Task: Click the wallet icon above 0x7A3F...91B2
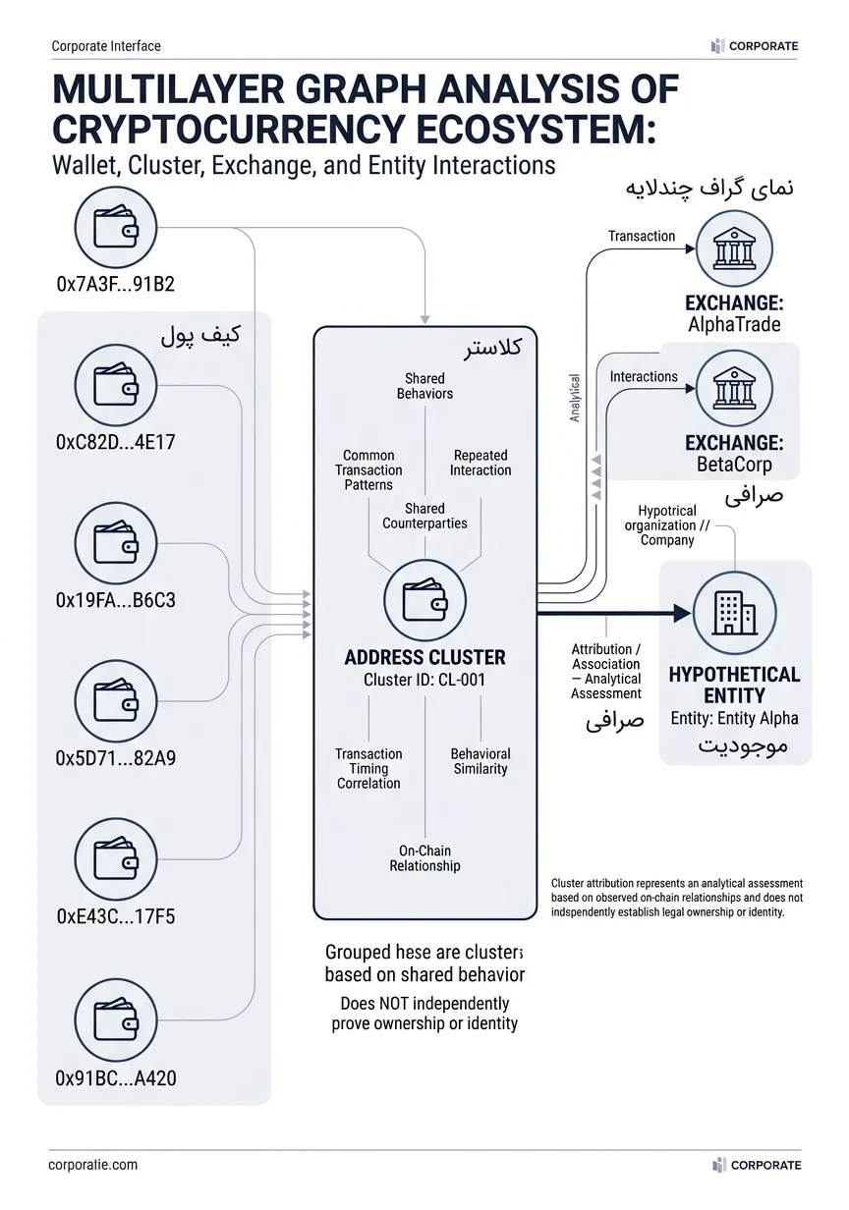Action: pos(115,228)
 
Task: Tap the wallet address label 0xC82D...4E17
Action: pos(116,442)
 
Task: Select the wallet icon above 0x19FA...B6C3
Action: pos(115,543)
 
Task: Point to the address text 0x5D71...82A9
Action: pos(116,758)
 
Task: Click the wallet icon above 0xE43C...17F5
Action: pos(115,858)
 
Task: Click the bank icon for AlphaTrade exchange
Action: pos(734,248)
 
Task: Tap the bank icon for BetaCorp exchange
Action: pos(734,388)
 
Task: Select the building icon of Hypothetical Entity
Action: pos(734,613)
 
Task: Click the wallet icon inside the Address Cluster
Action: pos(424,600)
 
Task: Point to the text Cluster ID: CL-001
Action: pos(424,680)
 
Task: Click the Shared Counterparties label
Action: pos(424,516)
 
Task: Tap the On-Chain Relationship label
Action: pos(424,858)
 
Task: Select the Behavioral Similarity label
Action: pos(481,761)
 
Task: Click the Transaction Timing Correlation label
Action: pos(368,768)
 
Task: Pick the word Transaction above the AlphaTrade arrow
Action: pos(642,236)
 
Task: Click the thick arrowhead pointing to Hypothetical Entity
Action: pos(682,613)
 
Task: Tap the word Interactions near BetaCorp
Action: pos(644,376)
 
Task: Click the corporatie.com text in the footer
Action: pos(93,1164)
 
